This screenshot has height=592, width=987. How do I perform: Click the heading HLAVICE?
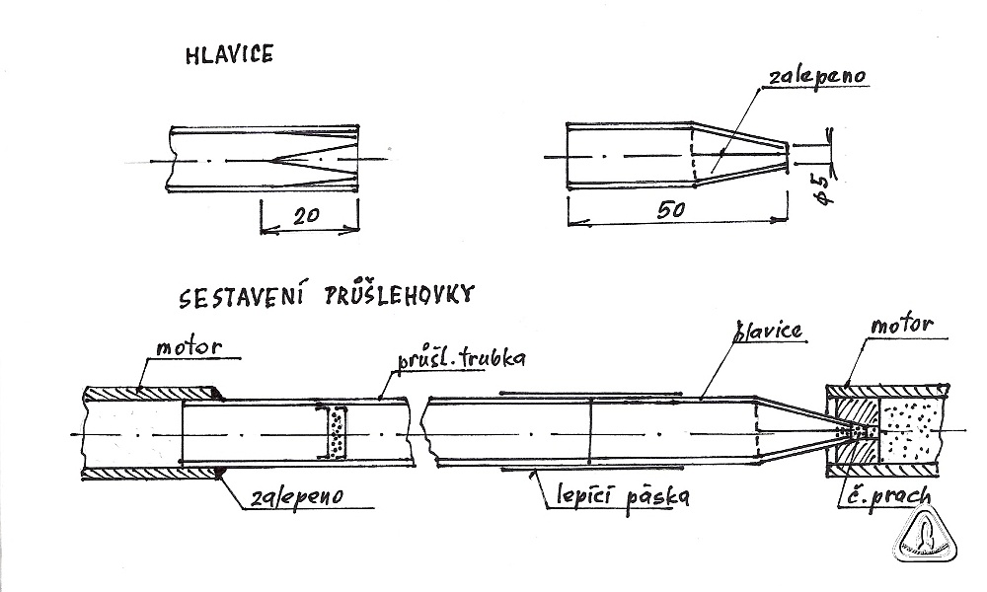pyautogui.click(x=229, y=56)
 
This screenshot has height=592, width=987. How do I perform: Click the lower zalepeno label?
pyautogui.click(x=294, y=496)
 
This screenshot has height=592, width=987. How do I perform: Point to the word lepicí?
pyautogui.click(x=581, y=495)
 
